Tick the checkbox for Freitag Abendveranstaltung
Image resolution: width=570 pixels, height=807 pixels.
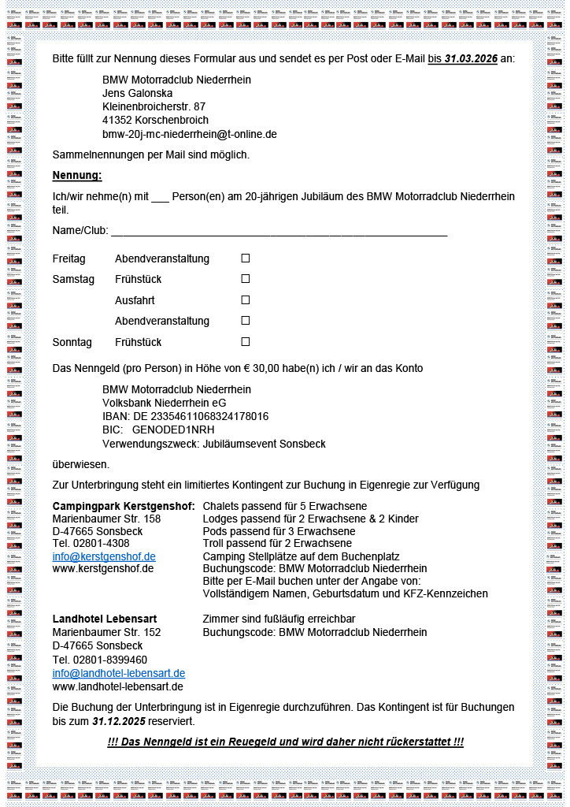pos(245,258)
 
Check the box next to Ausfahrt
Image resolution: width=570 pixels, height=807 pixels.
pos(245,300)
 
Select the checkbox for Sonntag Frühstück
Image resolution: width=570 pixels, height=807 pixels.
pos(245,342)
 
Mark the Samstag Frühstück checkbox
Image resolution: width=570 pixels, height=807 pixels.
pos(245,279)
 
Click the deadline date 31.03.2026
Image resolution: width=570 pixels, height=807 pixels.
pos(471,59)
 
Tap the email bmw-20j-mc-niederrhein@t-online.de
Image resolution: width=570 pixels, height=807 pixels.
pos(189,134)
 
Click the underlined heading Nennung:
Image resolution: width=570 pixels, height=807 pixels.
pos(77,175)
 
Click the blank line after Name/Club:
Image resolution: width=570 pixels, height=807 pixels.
pos(279,231)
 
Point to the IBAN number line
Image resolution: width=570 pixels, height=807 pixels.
pos(185,416)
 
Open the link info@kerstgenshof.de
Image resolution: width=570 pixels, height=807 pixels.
pos(104,556)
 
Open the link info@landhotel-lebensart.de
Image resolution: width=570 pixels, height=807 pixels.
pos(119,673)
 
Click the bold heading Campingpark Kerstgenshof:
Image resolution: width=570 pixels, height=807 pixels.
pos(124,505)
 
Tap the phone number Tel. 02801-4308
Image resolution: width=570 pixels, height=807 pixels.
pos(91,543)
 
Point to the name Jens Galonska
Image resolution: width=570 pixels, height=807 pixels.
pos(137,93)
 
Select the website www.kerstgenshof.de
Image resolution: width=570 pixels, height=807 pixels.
pos(103,568)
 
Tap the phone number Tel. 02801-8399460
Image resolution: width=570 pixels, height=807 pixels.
pos(99,660)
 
